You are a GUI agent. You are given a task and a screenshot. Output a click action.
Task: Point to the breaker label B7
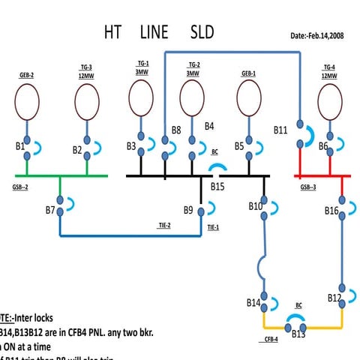[x=50, y=210]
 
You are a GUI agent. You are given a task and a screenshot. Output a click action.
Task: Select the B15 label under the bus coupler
[x=218, y=186]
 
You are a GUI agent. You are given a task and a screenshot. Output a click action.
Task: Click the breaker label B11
[x=280, y=130]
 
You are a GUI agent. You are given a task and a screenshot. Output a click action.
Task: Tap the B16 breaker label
[x=332, y=211]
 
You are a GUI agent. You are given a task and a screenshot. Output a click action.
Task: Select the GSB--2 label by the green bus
[x=20, y=186]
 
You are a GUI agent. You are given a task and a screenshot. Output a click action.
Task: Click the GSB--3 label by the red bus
[x=308, y=186]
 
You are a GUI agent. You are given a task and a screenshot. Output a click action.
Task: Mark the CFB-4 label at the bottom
[x=271, y=339]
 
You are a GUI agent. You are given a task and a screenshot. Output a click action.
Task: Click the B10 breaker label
[x=256, y=205]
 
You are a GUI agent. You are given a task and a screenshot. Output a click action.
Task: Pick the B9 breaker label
[x=189, y=210]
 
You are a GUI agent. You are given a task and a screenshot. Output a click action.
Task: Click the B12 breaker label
[x=334, y=298]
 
